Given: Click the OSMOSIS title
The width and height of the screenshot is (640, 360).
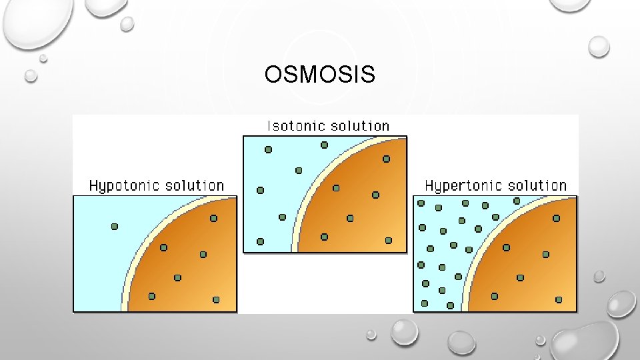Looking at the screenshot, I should click(319, 75).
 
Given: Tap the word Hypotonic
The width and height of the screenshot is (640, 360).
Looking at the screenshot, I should click(123, 185).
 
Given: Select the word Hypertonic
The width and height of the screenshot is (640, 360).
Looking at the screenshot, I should click(461, 185).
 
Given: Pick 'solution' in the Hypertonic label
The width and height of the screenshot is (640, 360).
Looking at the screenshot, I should click(535, 185).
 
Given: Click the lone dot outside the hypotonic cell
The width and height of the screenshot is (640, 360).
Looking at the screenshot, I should click(115, 227).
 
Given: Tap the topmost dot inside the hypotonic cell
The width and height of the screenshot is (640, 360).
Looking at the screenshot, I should click(213, 218).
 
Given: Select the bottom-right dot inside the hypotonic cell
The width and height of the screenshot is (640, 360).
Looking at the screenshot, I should click(216, 300).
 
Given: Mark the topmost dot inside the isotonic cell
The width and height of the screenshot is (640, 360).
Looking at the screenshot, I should click(386, 159).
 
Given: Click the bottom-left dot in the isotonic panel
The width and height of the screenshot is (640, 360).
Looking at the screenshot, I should click(260, 241).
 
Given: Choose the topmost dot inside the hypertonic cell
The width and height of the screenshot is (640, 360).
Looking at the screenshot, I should click(556, 218).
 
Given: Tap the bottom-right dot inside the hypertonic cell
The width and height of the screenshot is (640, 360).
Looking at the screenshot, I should click(559, 300).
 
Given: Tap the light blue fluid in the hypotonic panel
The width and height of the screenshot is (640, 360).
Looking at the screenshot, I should click(100, 267).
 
